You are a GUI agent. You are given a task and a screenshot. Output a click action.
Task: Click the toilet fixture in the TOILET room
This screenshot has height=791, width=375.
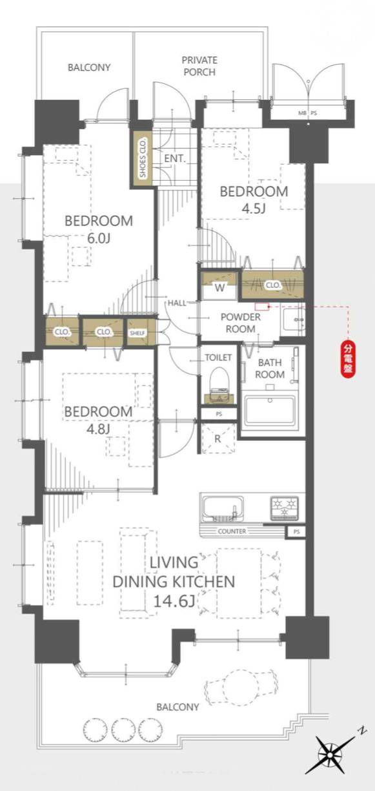click(219, 385)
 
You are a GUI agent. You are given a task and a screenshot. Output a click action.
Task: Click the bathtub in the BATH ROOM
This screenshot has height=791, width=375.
click(270, 410)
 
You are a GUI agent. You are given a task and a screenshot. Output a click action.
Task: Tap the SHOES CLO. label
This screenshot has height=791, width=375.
click(143, 157)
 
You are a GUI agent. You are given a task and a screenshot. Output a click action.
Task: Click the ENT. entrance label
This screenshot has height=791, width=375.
click(175, 159)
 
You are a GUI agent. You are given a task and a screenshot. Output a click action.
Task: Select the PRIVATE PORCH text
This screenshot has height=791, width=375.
click(199, 66)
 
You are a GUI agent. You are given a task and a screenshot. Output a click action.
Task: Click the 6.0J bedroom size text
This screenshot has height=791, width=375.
click(99, 239)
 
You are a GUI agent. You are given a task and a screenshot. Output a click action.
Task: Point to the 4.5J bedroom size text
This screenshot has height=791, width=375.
click(254, 209)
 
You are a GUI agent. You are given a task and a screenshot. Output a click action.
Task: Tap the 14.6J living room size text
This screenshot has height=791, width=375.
click(174, 601)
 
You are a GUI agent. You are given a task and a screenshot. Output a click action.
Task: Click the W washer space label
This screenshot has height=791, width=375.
click(219, 288)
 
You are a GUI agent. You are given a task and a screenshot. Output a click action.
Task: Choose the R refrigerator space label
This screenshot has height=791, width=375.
click(218, 438)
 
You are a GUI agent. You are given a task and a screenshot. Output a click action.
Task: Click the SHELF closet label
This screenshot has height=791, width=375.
click(137, 333)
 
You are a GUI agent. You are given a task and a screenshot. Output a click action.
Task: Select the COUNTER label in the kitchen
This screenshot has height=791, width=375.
click(232, 531)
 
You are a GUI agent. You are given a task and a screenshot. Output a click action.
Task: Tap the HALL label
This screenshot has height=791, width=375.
click(177, 303)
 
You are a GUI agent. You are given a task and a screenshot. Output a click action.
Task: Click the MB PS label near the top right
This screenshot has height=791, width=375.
click(308, 114)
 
